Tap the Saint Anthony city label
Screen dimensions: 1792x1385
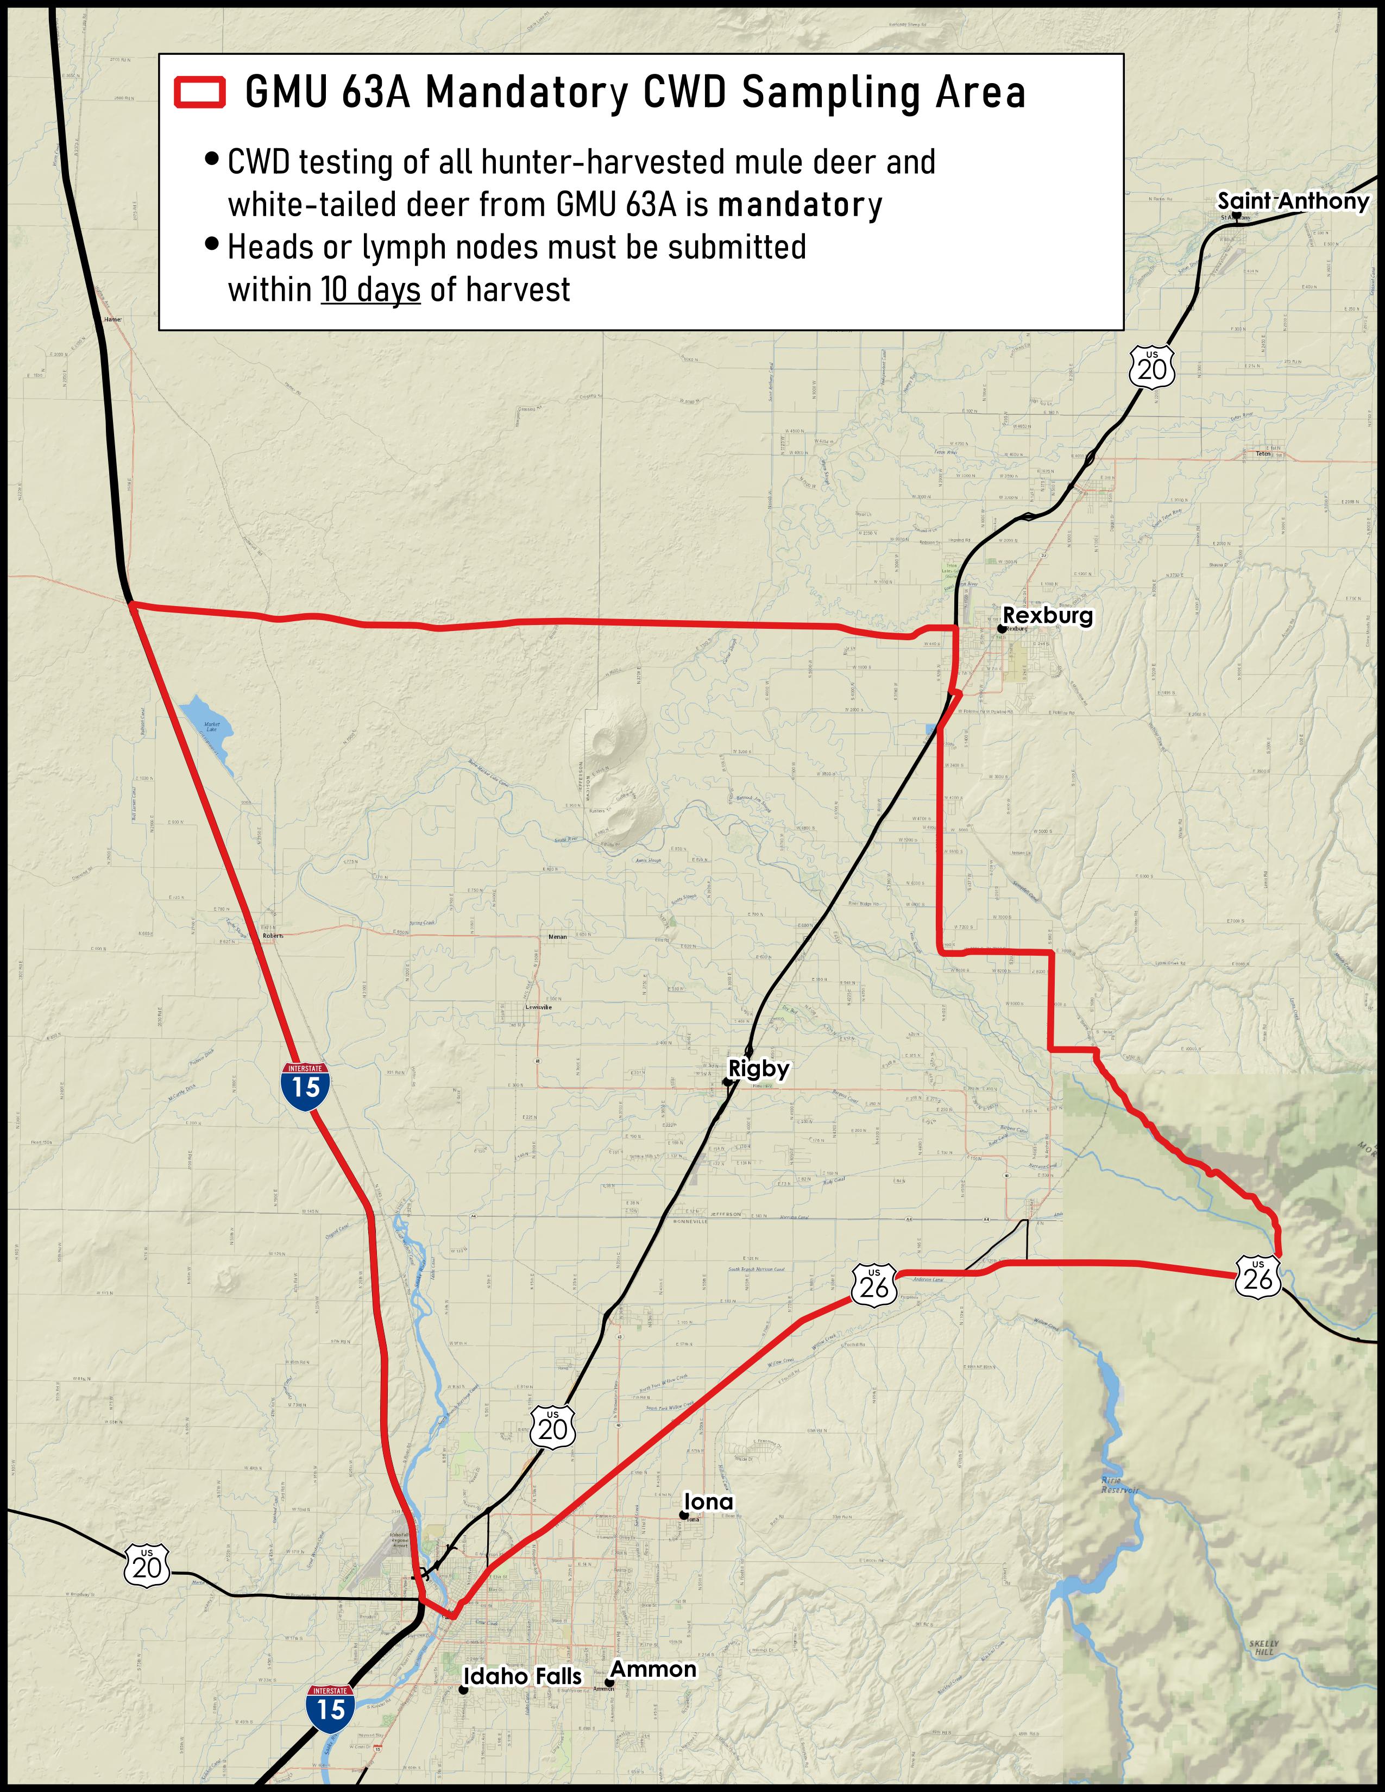[1292, 201]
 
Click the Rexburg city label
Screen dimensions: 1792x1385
[1048, 615]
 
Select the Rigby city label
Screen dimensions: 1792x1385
[759, 1068]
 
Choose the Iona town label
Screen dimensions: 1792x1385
[709, 1501]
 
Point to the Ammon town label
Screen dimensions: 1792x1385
[653, 1669]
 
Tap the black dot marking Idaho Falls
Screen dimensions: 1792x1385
[463, 1689]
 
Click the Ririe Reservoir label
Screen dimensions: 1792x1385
[1120, 1485]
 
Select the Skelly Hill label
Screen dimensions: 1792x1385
[1263, 1648]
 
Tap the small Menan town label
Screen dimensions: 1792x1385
[557, 936]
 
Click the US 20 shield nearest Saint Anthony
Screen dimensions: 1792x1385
[1152, 368]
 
